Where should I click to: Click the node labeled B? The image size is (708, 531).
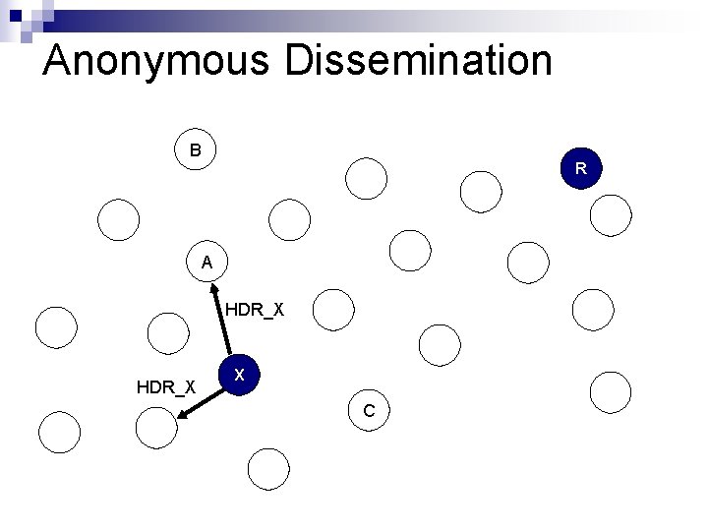click(196, 150)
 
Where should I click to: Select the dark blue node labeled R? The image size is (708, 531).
click(581, 168)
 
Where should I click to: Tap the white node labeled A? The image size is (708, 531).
click(206, 262)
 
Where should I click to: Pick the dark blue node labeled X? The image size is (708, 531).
click(240, 375)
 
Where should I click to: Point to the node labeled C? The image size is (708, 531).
click(368, 409)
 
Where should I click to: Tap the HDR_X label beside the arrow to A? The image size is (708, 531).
click(255, 310)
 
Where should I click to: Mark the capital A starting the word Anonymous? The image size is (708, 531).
click(59, 60)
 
